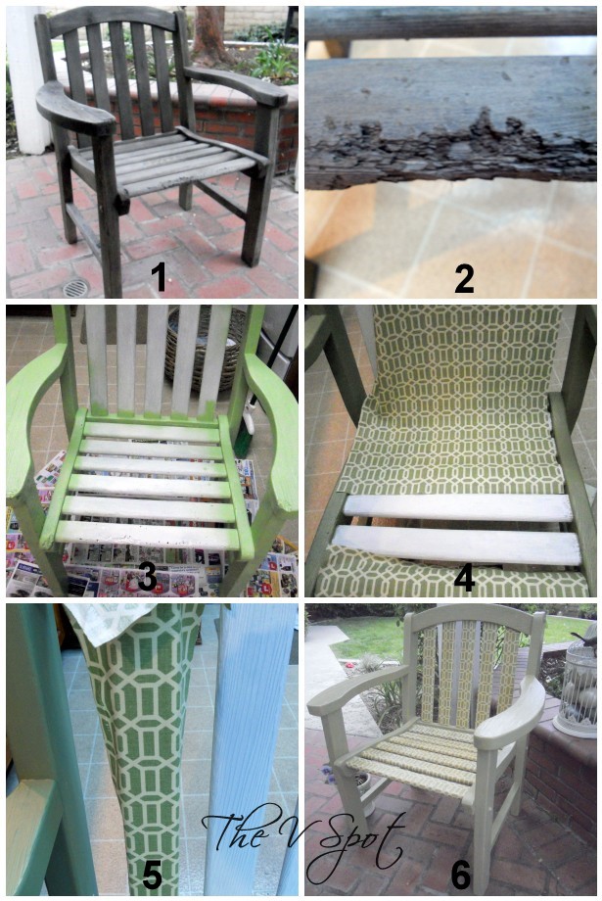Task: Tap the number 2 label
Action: pos(464,278)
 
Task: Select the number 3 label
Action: pos(147,576)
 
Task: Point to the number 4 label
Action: pos(464,576)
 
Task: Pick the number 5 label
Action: pos(152,876)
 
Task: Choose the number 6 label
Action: pos(461,876)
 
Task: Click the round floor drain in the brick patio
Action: pos(75,287)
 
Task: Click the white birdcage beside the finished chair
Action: pos(577,689)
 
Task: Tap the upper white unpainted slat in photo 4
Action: pos(457,508)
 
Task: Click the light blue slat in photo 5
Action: pos(244,747)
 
